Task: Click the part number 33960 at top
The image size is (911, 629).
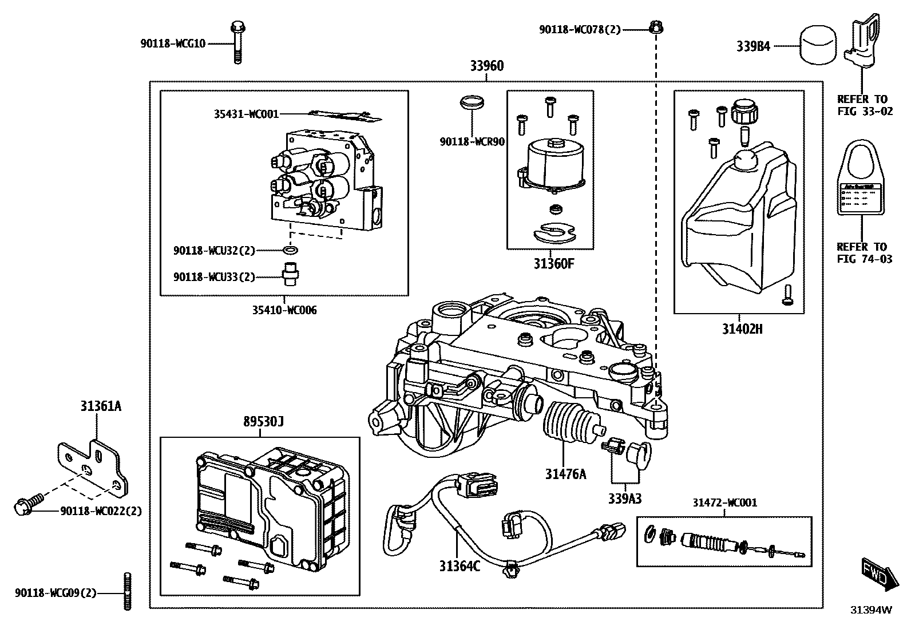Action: point(487,66)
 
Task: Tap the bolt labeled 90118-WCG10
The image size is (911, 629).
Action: point(237,42)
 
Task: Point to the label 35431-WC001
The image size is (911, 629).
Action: point(246,114)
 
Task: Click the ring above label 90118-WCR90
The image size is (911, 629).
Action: point(472,104)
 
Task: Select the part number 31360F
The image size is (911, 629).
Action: point(553,264)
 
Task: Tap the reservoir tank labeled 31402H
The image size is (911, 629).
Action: point(738,223)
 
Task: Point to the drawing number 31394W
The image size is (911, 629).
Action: point(870,610)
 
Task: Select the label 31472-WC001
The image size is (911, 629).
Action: point(724,503)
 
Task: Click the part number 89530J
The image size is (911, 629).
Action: point(263,422)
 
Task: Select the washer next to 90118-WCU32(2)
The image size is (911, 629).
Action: point(291,250)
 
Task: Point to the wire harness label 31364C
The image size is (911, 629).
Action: point(460,566)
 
